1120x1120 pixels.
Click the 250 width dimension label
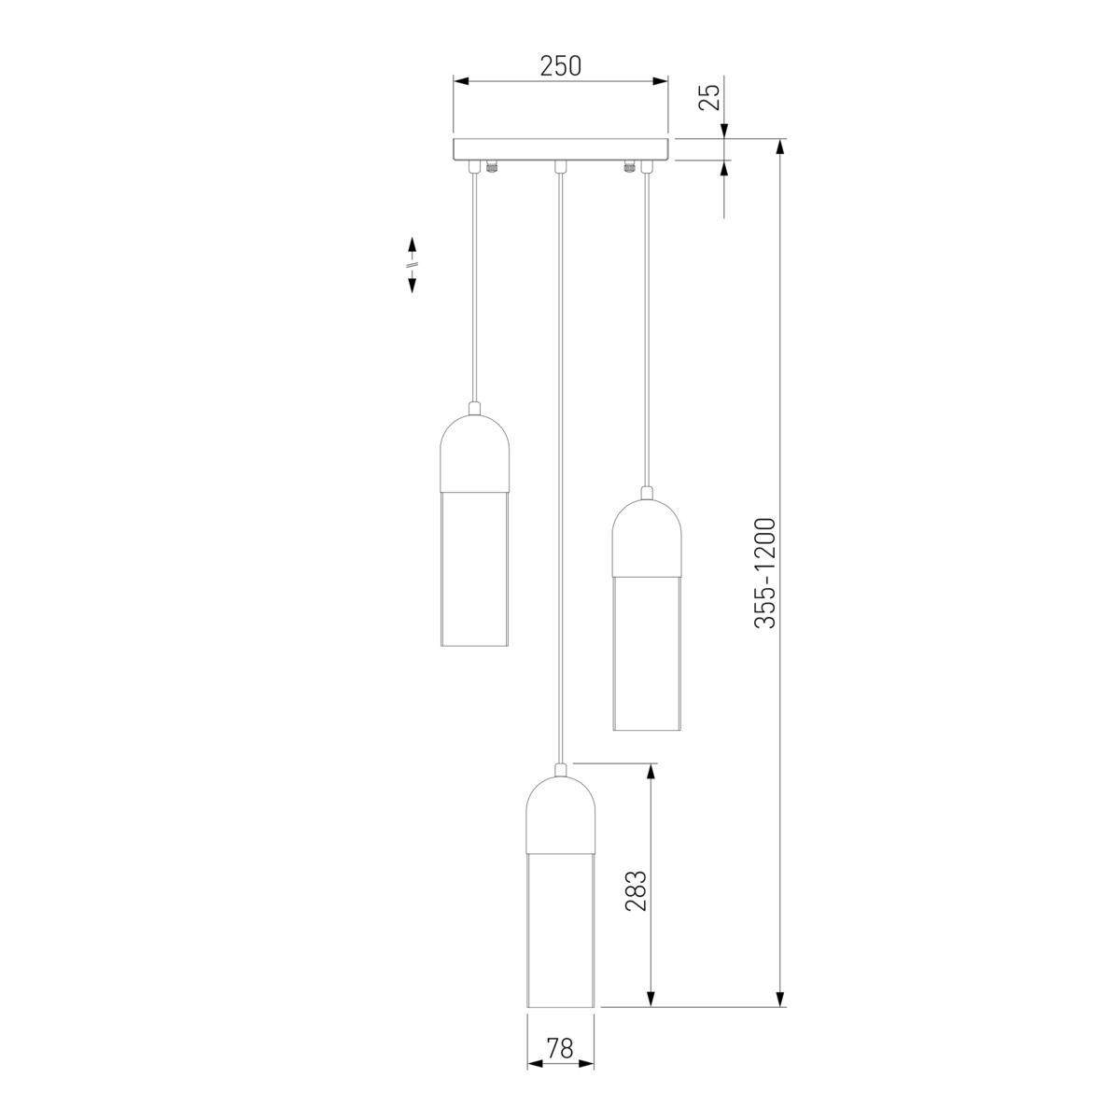coord(560,66)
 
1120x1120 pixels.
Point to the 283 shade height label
coord(636,890)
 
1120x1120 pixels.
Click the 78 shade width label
coord(560,1049)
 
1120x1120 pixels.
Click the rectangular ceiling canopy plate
coord(560,149)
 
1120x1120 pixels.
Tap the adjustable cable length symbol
coord(411,265)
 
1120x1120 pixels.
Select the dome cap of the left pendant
coord(474,453)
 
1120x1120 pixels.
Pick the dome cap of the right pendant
coord(645,535)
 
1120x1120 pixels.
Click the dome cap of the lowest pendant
coord(560,812)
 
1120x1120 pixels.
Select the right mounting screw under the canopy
coord(628,168)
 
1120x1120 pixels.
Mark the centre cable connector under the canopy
coord(560,167)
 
